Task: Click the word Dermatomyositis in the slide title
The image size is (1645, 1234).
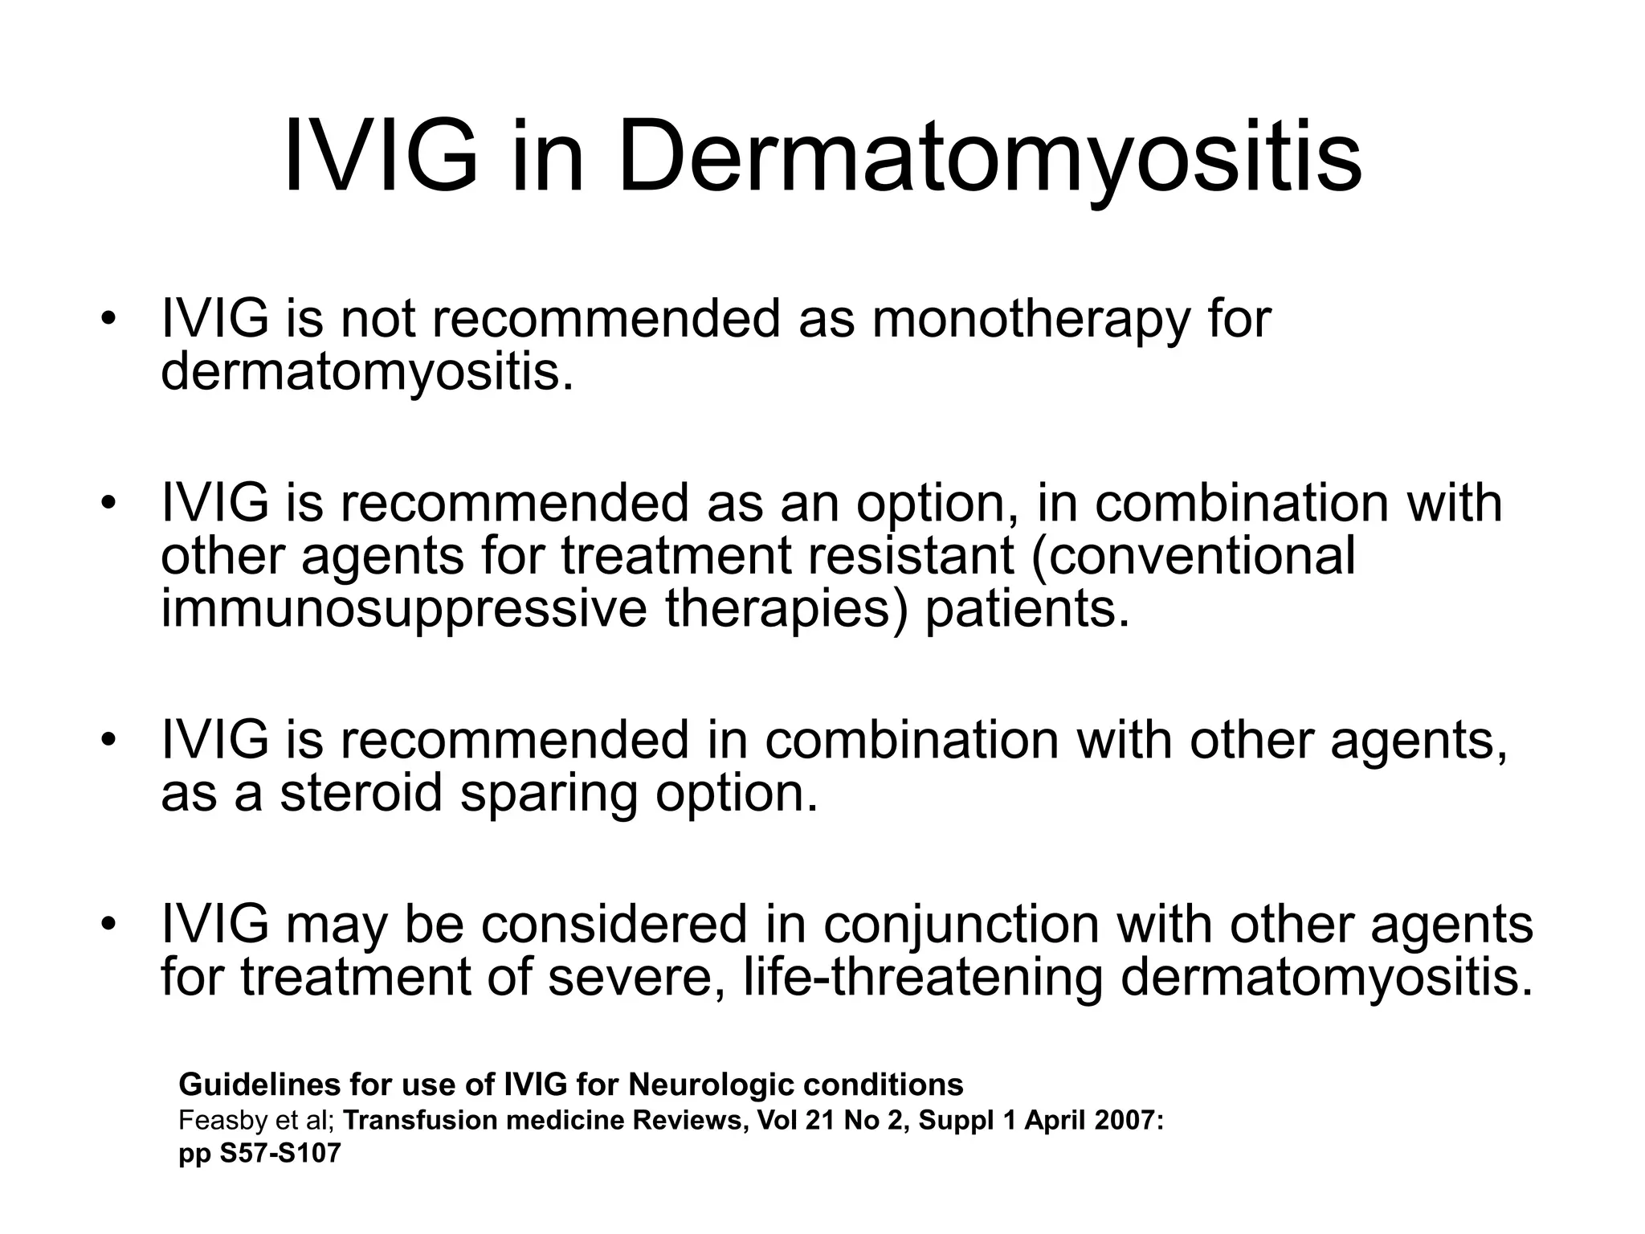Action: tap(990, 159)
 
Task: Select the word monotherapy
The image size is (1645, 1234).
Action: tap(1028, 320)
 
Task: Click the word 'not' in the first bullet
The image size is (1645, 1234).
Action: tap(378, 320)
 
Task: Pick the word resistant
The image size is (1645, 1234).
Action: tap(910, 556)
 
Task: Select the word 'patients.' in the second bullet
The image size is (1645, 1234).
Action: tap(1027, 609)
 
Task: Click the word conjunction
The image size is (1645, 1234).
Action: tap(960, 925)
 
